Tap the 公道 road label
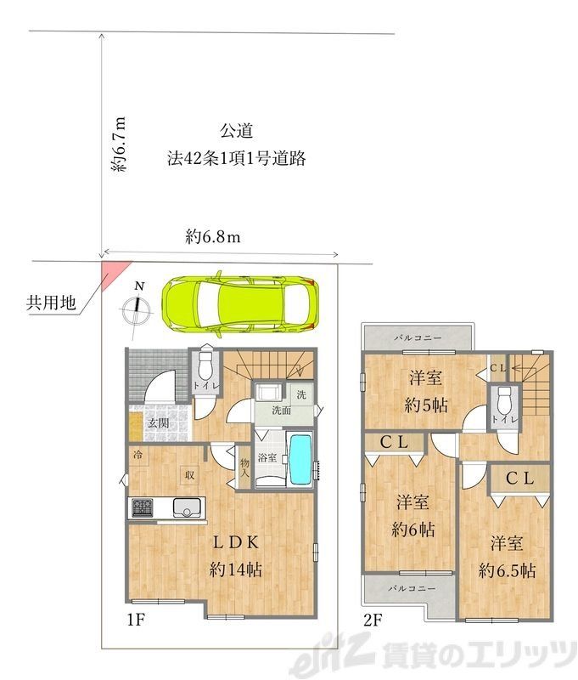pyautogui.click(x=236, y=132)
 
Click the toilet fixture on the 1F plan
pyautogui.click(x=204, y=368)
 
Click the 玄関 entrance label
pyautogui.click(x=156, y=422)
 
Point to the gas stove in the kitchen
pyautogui.click(x=142, y=508)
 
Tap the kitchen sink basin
pyautogui.click(x=186, y=508)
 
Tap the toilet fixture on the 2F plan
pyautogui.click(x=504, y=399)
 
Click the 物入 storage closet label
pyautogui.click(x=244, y=468)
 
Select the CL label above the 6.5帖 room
pyautogui.click(x=519, y=478)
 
